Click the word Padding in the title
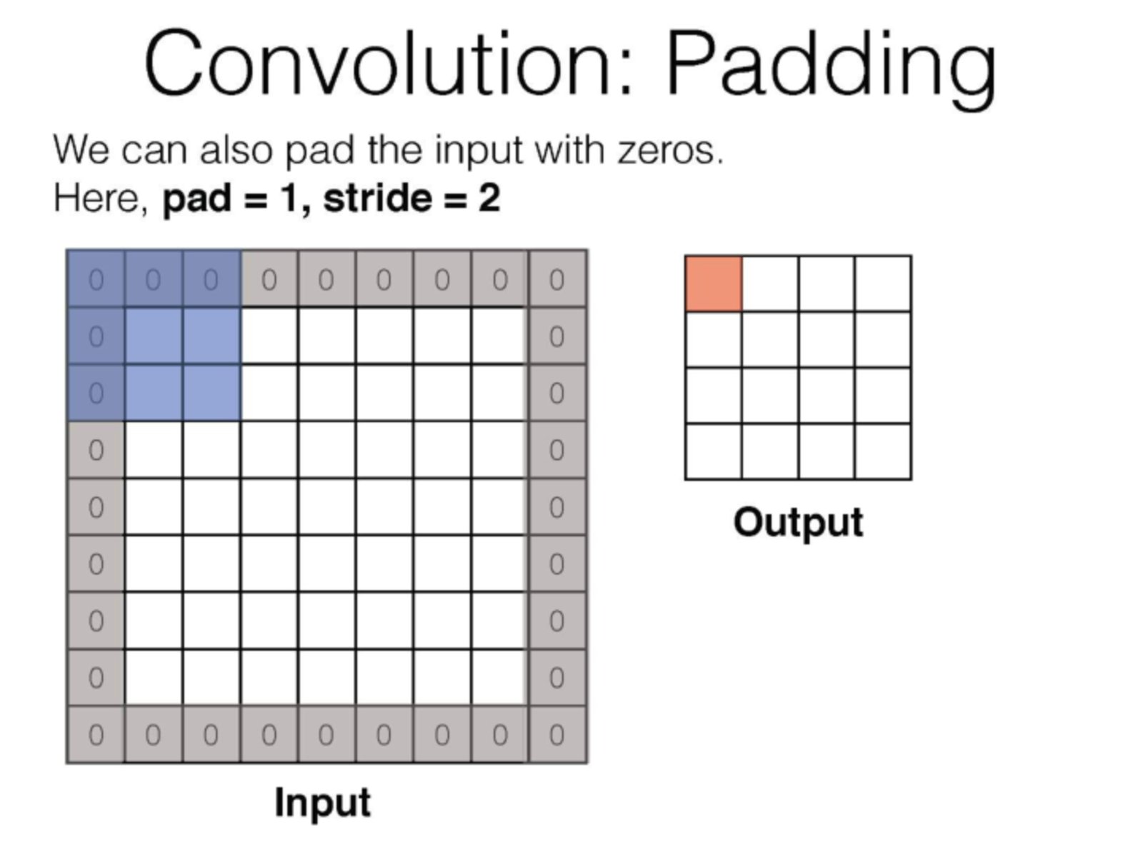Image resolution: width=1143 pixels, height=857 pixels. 832,69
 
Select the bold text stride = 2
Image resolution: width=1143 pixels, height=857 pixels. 412,199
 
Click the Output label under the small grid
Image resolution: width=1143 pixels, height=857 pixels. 798,523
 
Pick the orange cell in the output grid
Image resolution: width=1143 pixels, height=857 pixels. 714,284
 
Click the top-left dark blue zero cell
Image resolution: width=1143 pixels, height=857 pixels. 96,279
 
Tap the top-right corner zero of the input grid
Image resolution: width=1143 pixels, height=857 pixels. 557,279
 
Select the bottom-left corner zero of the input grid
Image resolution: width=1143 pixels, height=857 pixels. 96,735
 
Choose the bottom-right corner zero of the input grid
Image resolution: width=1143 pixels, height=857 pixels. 557,735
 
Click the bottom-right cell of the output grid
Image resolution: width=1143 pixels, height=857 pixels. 883,451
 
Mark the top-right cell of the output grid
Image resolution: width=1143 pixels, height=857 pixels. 883,284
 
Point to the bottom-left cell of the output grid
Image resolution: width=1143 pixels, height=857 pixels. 714,451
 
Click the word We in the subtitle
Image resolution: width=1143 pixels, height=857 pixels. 81,150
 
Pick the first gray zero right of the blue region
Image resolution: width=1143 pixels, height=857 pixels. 269,279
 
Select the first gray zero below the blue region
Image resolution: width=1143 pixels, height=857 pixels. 96,450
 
